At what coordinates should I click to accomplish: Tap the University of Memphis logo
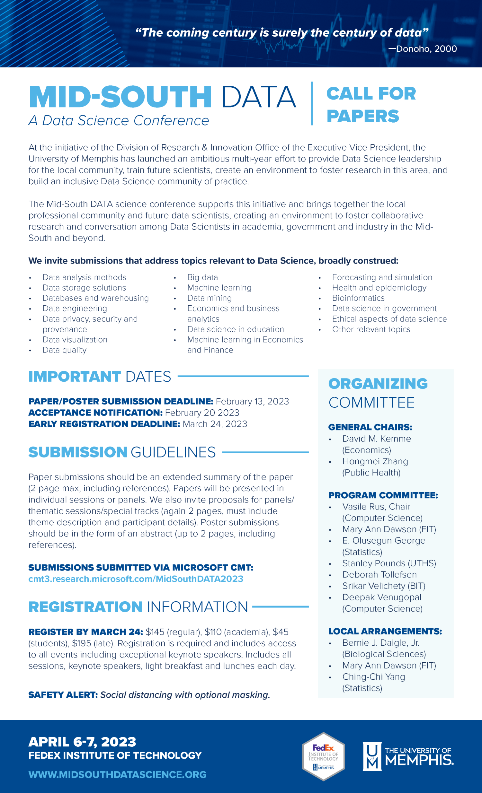tap(408, 756)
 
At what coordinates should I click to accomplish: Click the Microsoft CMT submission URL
tap(136, 579)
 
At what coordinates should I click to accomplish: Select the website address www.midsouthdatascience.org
tap(117, 774)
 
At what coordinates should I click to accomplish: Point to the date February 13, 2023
tap(252, 401)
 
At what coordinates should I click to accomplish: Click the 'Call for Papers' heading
tap(371, 105)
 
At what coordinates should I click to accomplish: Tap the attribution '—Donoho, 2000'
tap(423, 48)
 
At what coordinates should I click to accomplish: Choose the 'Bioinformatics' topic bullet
tap(358, 298)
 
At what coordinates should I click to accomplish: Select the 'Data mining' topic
tap(210, 298)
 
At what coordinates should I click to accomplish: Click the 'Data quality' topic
tap(65, 350)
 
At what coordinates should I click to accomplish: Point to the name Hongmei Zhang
tap(375, 461)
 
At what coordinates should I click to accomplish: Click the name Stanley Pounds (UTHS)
tap(389, 563)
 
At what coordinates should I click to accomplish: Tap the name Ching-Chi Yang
tap(373, 677)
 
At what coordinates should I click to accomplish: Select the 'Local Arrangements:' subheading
tap(385, 631)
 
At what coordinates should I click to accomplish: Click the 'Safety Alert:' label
tap(63, 695)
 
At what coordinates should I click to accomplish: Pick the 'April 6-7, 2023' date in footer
tap(82, 742)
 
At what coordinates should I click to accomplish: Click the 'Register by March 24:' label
tap(86, 632)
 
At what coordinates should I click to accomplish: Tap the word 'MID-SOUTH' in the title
tap(120, 97)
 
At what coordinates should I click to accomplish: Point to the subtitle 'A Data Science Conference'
tap(119, 121)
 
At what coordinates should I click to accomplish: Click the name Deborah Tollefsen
tap(379, 574)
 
